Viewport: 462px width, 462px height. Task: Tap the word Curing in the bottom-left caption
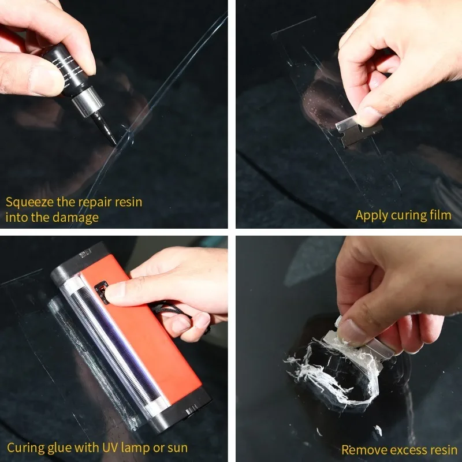25,448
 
